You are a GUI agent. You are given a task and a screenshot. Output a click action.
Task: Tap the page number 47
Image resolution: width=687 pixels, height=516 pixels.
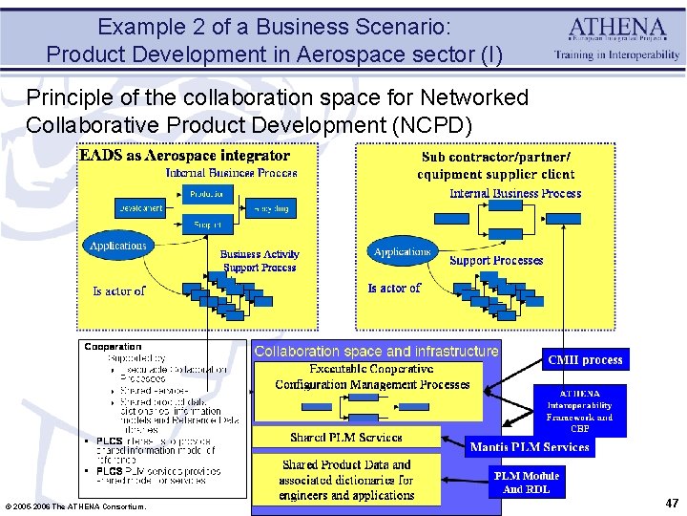pyautogui.click(x=672, y=502)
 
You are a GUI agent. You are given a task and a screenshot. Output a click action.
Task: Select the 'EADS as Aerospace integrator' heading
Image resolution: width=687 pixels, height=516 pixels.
pyautogui.click(x=184, y=155)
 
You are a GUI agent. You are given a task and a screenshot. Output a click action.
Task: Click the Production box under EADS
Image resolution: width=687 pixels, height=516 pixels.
pyautogui.click(x=205, y=194)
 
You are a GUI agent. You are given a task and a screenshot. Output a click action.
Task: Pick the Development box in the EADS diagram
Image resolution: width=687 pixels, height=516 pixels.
pyautogui.click(x=139, y=208)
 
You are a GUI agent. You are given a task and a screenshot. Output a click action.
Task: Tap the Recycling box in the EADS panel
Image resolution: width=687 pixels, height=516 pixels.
pyautogui.click(x=272, y=208)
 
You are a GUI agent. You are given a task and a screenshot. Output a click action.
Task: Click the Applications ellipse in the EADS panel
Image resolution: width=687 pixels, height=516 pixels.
pyautogui.click(x=118, y=247)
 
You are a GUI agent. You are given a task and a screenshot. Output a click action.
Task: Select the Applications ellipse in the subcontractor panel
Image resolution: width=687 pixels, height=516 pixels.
pyautogui.click(x=402, y=252)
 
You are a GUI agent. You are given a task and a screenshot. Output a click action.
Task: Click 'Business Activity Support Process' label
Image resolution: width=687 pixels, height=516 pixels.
pyautogui.click(x=260, y=261)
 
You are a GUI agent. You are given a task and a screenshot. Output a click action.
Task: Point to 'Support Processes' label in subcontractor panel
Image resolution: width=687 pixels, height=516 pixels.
pyautogui.click(x=496, y=260)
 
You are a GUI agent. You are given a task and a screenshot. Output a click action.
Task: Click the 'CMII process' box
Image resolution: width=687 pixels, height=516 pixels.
pyautogui.click(x=585, y=360)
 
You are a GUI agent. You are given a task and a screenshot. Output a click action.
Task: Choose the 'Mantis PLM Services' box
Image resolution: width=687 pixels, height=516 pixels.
pyautogui.click(x=529, y=446)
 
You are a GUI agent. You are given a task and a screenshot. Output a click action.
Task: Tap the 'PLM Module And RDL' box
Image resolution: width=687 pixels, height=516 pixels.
pyautogui.click(x=526, y=482)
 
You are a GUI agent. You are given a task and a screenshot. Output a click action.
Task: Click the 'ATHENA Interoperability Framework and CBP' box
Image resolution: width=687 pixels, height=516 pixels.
pyautogui.click(x=580, y=411)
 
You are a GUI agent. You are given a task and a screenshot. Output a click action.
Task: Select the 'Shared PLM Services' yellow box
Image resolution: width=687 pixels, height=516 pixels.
pyautogui.click(x=346, y=438)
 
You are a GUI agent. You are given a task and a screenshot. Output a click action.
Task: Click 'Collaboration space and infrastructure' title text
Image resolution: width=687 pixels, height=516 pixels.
pyautogui.click(x=376, y=352)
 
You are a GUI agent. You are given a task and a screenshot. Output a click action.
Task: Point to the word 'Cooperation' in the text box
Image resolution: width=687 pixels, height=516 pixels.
pyautogui.click(x=113, y=346)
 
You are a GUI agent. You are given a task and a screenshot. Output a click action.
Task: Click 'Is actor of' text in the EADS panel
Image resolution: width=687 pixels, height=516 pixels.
pyautogui.click(x=118, y=290)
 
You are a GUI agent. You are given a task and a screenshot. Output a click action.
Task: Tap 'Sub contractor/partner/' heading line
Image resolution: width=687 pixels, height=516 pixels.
pyautogui.click(x=496, y=157)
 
